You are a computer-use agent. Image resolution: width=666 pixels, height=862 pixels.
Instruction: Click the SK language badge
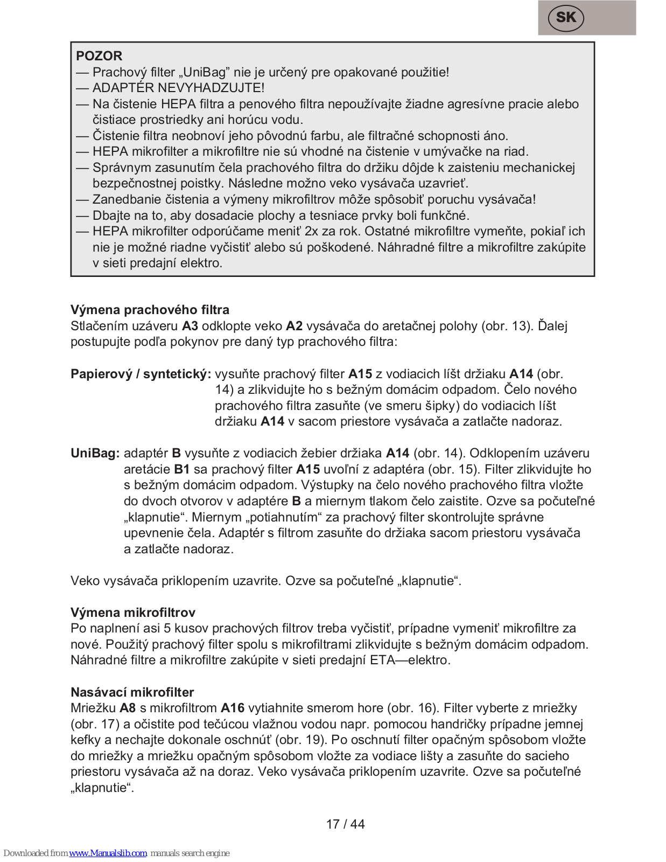coord(565,18)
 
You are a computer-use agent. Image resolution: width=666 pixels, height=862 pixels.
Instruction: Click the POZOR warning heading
coord(99,56)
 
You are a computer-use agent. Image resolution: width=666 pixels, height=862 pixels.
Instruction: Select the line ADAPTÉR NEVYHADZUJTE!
coord(178,88)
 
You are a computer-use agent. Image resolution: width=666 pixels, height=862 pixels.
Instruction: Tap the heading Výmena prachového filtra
coord(150,310)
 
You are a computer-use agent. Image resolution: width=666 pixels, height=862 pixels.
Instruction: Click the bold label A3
coord(190,326)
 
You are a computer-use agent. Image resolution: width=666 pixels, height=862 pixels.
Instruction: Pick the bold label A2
coord(294,326)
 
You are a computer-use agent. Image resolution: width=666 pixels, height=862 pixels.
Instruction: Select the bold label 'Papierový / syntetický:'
coord(141,374)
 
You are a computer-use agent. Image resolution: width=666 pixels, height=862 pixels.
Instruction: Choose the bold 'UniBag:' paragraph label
coord(95,453)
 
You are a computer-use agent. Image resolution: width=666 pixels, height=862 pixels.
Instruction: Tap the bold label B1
coord(181,469)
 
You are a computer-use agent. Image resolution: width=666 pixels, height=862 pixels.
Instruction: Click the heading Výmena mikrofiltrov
coord(132,613)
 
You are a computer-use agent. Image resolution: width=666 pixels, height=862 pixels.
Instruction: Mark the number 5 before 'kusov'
coord(167,628)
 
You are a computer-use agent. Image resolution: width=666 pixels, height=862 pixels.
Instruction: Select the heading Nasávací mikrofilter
coord(132,692)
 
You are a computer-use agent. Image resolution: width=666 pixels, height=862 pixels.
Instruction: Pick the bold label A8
coord(128,708)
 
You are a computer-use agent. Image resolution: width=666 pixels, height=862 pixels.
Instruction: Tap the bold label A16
coord(233,708)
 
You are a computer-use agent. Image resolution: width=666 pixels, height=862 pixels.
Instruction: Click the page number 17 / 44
coord(345,824)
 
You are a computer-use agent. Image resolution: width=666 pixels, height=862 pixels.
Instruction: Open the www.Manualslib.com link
coord(108,853)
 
